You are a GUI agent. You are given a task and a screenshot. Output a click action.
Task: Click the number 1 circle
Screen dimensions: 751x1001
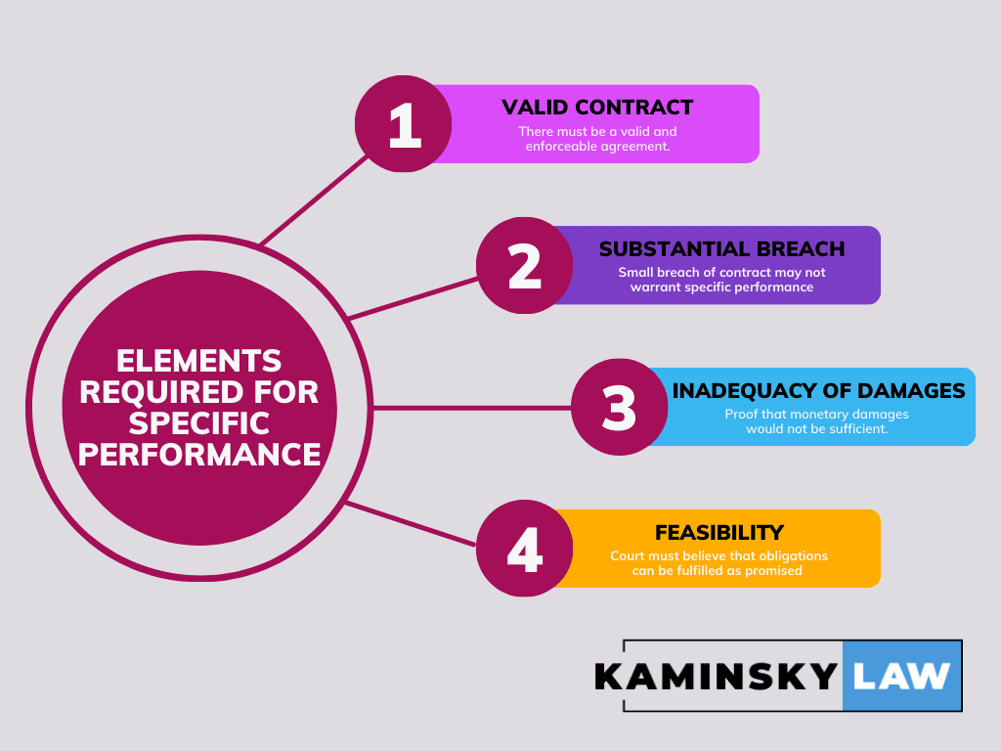(403, 124)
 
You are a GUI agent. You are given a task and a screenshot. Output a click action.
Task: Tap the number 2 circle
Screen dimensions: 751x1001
(525, 265)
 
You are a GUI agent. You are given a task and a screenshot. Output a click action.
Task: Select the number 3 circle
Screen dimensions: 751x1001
(620, 407)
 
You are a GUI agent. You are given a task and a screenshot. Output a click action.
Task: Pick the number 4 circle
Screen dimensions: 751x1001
(525, 549)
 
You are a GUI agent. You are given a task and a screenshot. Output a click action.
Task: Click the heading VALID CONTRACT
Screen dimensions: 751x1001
(597, 108)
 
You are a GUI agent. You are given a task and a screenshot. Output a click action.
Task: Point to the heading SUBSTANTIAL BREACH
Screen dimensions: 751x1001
(721, 248)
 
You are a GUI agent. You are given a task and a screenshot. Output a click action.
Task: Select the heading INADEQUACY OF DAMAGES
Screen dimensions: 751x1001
(818, 390)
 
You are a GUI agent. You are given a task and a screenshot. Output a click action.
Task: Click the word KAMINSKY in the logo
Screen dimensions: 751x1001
(717, 676)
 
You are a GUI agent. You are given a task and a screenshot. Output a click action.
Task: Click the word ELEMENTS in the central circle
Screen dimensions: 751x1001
(199, 360)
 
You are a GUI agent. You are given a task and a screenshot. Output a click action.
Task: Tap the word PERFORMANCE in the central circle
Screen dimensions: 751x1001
(199, 455)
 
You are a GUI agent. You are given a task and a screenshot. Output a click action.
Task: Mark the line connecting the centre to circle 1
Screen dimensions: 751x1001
(308, 200)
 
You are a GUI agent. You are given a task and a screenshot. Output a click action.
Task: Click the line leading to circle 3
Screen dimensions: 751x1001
(469, 407)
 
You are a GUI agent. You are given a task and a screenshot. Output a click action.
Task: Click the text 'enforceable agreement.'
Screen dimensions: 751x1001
(596, 146)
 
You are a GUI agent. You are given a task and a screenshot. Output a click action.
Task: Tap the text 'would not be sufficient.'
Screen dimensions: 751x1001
(816, 428)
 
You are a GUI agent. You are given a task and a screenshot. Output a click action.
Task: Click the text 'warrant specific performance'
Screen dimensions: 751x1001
(721, 287)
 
